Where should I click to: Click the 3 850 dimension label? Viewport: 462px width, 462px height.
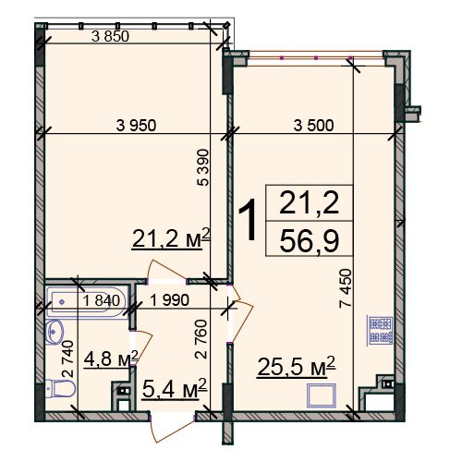(x=110, y=37)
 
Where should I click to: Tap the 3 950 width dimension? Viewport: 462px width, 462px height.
(x=136, y=126)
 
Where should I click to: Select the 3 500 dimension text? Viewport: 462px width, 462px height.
(x=313, y=126)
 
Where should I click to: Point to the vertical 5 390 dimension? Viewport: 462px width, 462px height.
(x=202, y=167)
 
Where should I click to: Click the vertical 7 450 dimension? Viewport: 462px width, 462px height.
(x=345, y=288)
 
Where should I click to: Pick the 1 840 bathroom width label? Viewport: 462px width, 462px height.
(x=101, y=300)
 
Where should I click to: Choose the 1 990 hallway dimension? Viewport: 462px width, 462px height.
(x=169, y=300)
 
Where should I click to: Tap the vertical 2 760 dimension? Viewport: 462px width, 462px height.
(x=201, y=339)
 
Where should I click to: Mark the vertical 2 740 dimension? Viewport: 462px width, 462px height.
(x=67, y=359)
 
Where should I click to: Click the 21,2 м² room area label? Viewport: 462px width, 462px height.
(x=171, y=238)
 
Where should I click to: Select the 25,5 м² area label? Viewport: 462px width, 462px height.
(x=296, y=366)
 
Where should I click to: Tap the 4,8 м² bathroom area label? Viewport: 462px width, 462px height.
(x=111, y=359)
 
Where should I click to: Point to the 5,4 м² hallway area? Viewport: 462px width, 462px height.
(x=175, y=389)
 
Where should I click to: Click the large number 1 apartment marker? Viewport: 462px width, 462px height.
(x=248, y=219)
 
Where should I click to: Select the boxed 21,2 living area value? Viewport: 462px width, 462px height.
(x=310, y=202)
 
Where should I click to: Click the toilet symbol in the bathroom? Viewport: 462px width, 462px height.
(x=60, y=389)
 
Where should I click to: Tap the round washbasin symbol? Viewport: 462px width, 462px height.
(x=55, y=332)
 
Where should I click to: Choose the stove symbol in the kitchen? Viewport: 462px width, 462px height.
(x=381, y=330)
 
